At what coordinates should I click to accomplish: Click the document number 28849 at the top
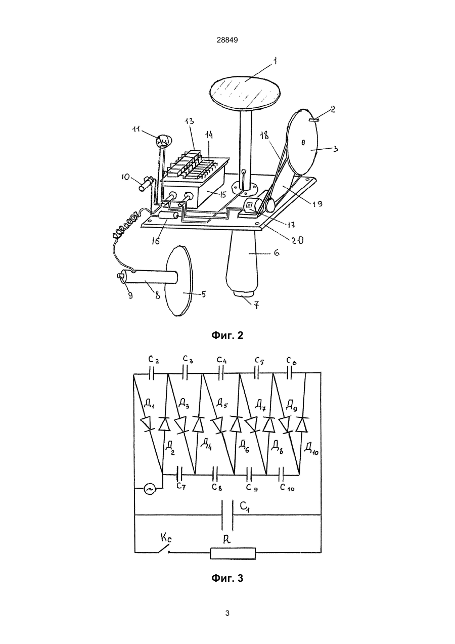coord(227,40)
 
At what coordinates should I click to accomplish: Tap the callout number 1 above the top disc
coord(275,62)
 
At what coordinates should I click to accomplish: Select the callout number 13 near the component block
coord(190,121)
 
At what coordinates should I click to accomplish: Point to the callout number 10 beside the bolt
coord(125,177)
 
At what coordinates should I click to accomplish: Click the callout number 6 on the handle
coord(276,253)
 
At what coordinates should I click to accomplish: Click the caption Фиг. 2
coord(227,335)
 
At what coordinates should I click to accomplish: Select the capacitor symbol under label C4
coord(221,373)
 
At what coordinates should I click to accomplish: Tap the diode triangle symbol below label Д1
coord(148,424)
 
